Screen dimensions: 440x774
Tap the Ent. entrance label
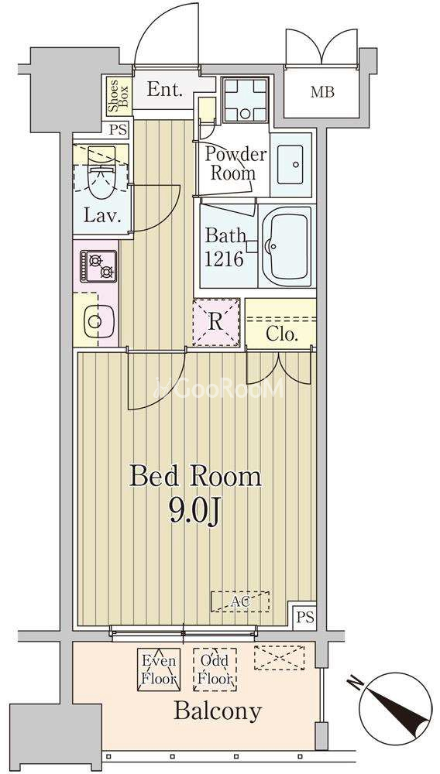[165, 90]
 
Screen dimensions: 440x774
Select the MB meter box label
[322, 92]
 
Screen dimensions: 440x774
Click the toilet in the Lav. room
[101, 170]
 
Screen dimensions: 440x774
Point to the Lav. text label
[101, 215]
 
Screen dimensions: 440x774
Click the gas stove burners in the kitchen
[98, 266]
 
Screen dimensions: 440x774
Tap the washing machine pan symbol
[246, 100]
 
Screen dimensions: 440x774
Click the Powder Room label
[235, 164]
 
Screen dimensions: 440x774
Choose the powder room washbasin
[290, 165]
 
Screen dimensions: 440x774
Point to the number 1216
[224, 259]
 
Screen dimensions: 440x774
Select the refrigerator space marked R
[216, 322]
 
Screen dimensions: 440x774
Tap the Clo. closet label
[281, 334]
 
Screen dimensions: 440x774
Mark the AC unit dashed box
[240, 601]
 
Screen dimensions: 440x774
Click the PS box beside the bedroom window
[304, 618]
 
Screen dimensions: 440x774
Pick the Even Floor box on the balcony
[159, 670]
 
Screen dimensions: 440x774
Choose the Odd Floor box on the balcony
[215, 670]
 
